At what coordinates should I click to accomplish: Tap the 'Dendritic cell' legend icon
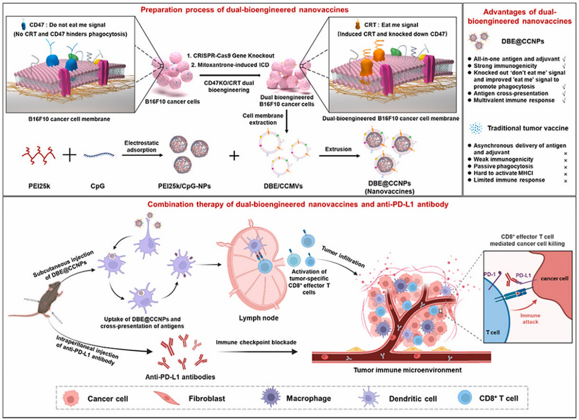point(375,398)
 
